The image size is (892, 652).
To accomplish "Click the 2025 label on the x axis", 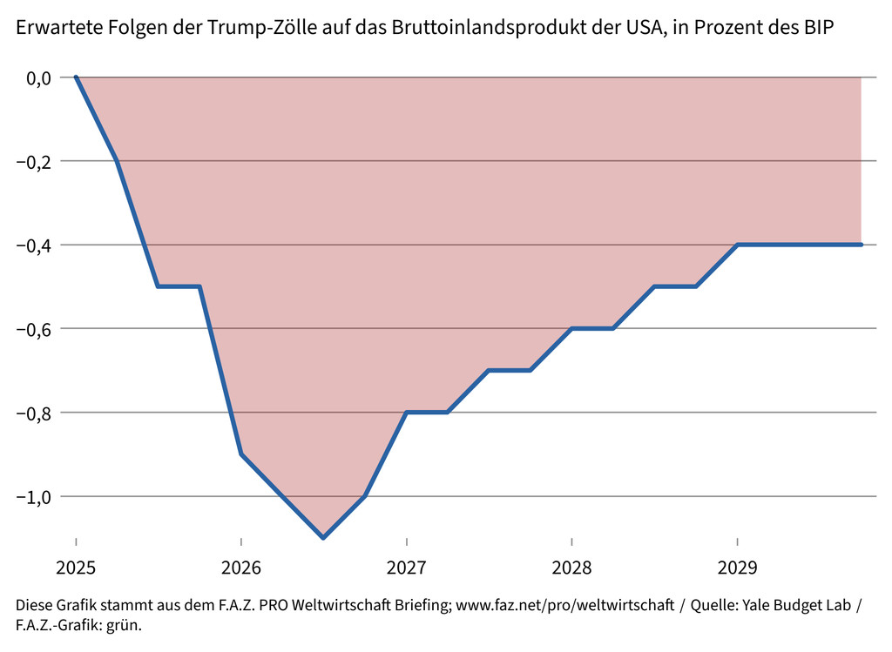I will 76,568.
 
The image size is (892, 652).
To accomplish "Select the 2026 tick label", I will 241,568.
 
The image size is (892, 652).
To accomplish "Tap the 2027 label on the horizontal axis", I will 406,568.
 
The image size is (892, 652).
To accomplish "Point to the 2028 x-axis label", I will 571,568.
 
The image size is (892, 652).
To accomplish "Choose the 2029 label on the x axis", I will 737,568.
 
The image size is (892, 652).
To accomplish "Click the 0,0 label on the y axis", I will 38,78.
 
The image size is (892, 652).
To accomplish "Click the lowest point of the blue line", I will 323,538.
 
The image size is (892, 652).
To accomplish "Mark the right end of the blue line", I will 861,245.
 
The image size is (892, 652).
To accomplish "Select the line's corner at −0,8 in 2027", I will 406,412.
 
